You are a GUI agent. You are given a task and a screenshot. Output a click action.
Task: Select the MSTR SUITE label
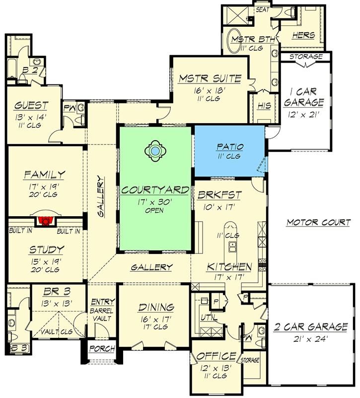210,79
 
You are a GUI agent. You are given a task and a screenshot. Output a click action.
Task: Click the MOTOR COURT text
318,223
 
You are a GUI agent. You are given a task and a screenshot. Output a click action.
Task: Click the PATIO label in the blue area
229,147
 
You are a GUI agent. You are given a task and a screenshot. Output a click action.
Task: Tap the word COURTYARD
155,190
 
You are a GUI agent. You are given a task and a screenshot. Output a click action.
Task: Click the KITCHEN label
229,267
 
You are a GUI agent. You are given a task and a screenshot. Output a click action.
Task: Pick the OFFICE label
216,356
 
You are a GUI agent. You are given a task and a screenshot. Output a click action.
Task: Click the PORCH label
102,348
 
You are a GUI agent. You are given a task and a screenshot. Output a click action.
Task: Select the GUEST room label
31,105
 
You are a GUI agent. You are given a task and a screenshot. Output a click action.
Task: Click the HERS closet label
302,35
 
